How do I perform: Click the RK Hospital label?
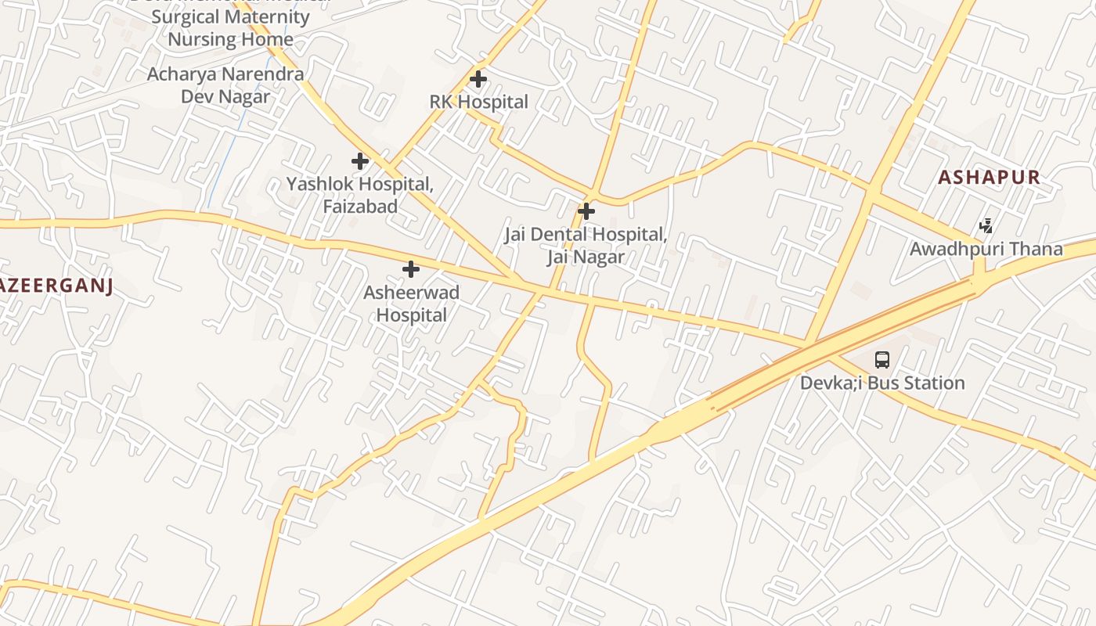click(x=478, y=102)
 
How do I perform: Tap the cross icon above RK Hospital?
click(x=478, y=79)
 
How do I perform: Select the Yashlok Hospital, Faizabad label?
click(x=359, y=195)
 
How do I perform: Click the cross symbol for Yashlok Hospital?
click(x=360, y=162)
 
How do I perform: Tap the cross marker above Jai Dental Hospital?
click(x=586, y=211)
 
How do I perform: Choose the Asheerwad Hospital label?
click(x=411, y=304)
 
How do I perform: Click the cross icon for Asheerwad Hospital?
click(x=410, y=270)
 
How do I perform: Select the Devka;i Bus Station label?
click(x=882, y=383)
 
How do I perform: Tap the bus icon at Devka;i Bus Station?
click(x=882, y=360)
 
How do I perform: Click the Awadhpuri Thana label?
click(x=986, y=250)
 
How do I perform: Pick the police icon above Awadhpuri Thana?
click(x=986, y=226)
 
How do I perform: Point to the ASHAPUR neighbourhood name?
click(x=990, y=178)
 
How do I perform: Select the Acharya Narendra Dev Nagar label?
click(x=225, y=85)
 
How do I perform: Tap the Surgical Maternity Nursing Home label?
click(x=230, y=28)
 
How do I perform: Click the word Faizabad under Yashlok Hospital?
click(x=360, y=207)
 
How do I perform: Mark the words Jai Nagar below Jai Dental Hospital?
click(x=586, y=257)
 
